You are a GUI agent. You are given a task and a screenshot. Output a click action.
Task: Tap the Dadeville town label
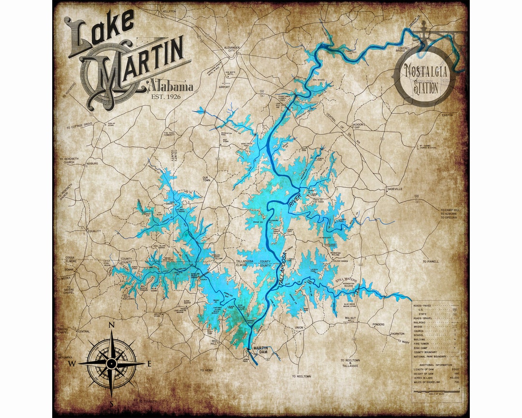tap(395, 189)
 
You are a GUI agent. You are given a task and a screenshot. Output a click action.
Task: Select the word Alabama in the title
tap(173, 87)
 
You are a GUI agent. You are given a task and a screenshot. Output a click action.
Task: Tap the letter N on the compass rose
tap(111, 325)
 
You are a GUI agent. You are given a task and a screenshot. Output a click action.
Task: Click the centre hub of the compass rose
tap(111, 362)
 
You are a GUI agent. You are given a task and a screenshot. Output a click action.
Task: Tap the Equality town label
tap(94, 231)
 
